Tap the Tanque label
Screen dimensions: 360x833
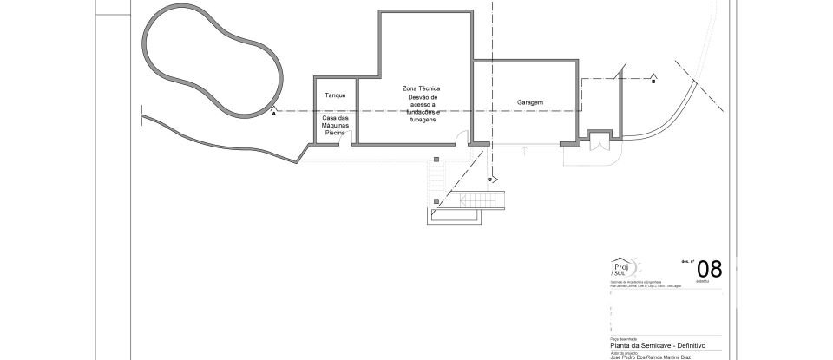[x=335, y=95]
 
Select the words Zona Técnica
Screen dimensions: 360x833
[x=422, y=88]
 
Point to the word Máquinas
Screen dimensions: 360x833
[x=335, y=126]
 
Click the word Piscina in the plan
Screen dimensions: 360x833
[x=335, y=133]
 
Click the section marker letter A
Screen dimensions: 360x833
[x=273, y=113]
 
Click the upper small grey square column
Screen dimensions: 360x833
[x=436, y=158]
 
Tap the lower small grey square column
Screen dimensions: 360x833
[x=436, y=197]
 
